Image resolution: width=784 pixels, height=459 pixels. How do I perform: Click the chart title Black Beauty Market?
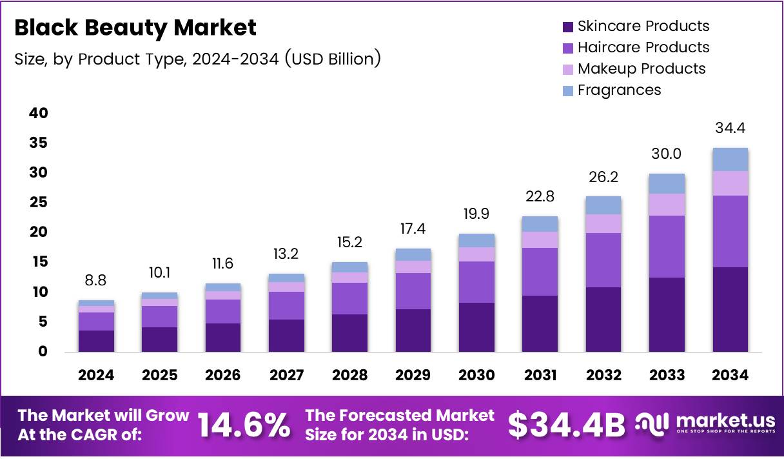click(135, 28)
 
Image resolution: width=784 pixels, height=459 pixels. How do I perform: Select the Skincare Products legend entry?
click(635, 26)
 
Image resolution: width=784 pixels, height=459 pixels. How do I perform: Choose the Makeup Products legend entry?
click(633, 68)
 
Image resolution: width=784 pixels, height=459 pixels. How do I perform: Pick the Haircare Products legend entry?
click(635, 47)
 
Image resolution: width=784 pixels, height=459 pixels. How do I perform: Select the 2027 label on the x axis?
click(286, 375)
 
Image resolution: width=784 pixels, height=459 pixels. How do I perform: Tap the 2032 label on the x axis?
click(603, 375)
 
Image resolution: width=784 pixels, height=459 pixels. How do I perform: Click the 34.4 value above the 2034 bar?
click(730, 128)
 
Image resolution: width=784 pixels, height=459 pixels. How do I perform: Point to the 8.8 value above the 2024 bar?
click(96, 281)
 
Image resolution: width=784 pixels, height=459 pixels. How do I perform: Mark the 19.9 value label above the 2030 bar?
click(476, 214)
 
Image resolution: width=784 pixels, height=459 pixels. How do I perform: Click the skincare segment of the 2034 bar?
click(730, 309)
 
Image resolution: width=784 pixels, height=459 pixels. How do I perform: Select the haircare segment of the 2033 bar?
click(667, 247)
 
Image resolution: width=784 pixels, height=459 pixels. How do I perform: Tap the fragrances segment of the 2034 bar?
click(730, 159)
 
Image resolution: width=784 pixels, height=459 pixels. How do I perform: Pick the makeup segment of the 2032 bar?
click(603, 223)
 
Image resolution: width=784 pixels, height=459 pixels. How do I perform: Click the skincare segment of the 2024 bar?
click(96, 341)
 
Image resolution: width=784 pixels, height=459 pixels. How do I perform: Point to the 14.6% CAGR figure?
click(243, 425)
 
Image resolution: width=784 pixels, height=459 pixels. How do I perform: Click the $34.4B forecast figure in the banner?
click(567, 425)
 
